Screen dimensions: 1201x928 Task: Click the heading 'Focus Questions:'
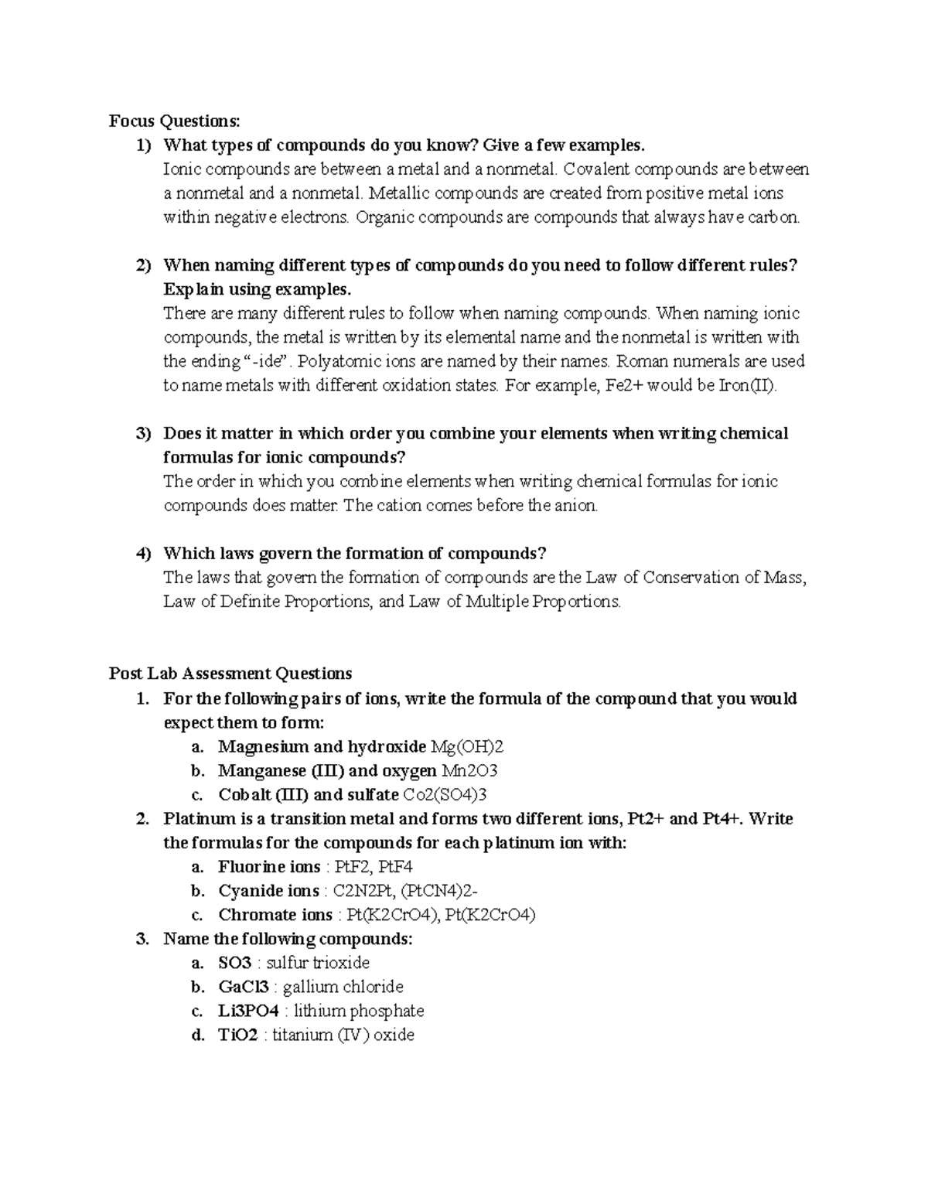[175, 121]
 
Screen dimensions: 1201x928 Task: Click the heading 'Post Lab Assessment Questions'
[230, 674]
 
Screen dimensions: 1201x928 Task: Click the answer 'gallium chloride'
[343, 987]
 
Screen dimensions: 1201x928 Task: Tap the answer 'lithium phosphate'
[359, 1011]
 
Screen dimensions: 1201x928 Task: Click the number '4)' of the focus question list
[143, 554]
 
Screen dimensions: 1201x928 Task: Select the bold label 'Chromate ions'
[275, 915]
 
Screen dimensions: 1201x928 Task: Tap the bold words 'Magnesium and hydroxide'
[322, 746]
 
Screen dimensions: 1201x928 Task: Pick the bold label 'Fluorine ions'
[269, 867]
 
